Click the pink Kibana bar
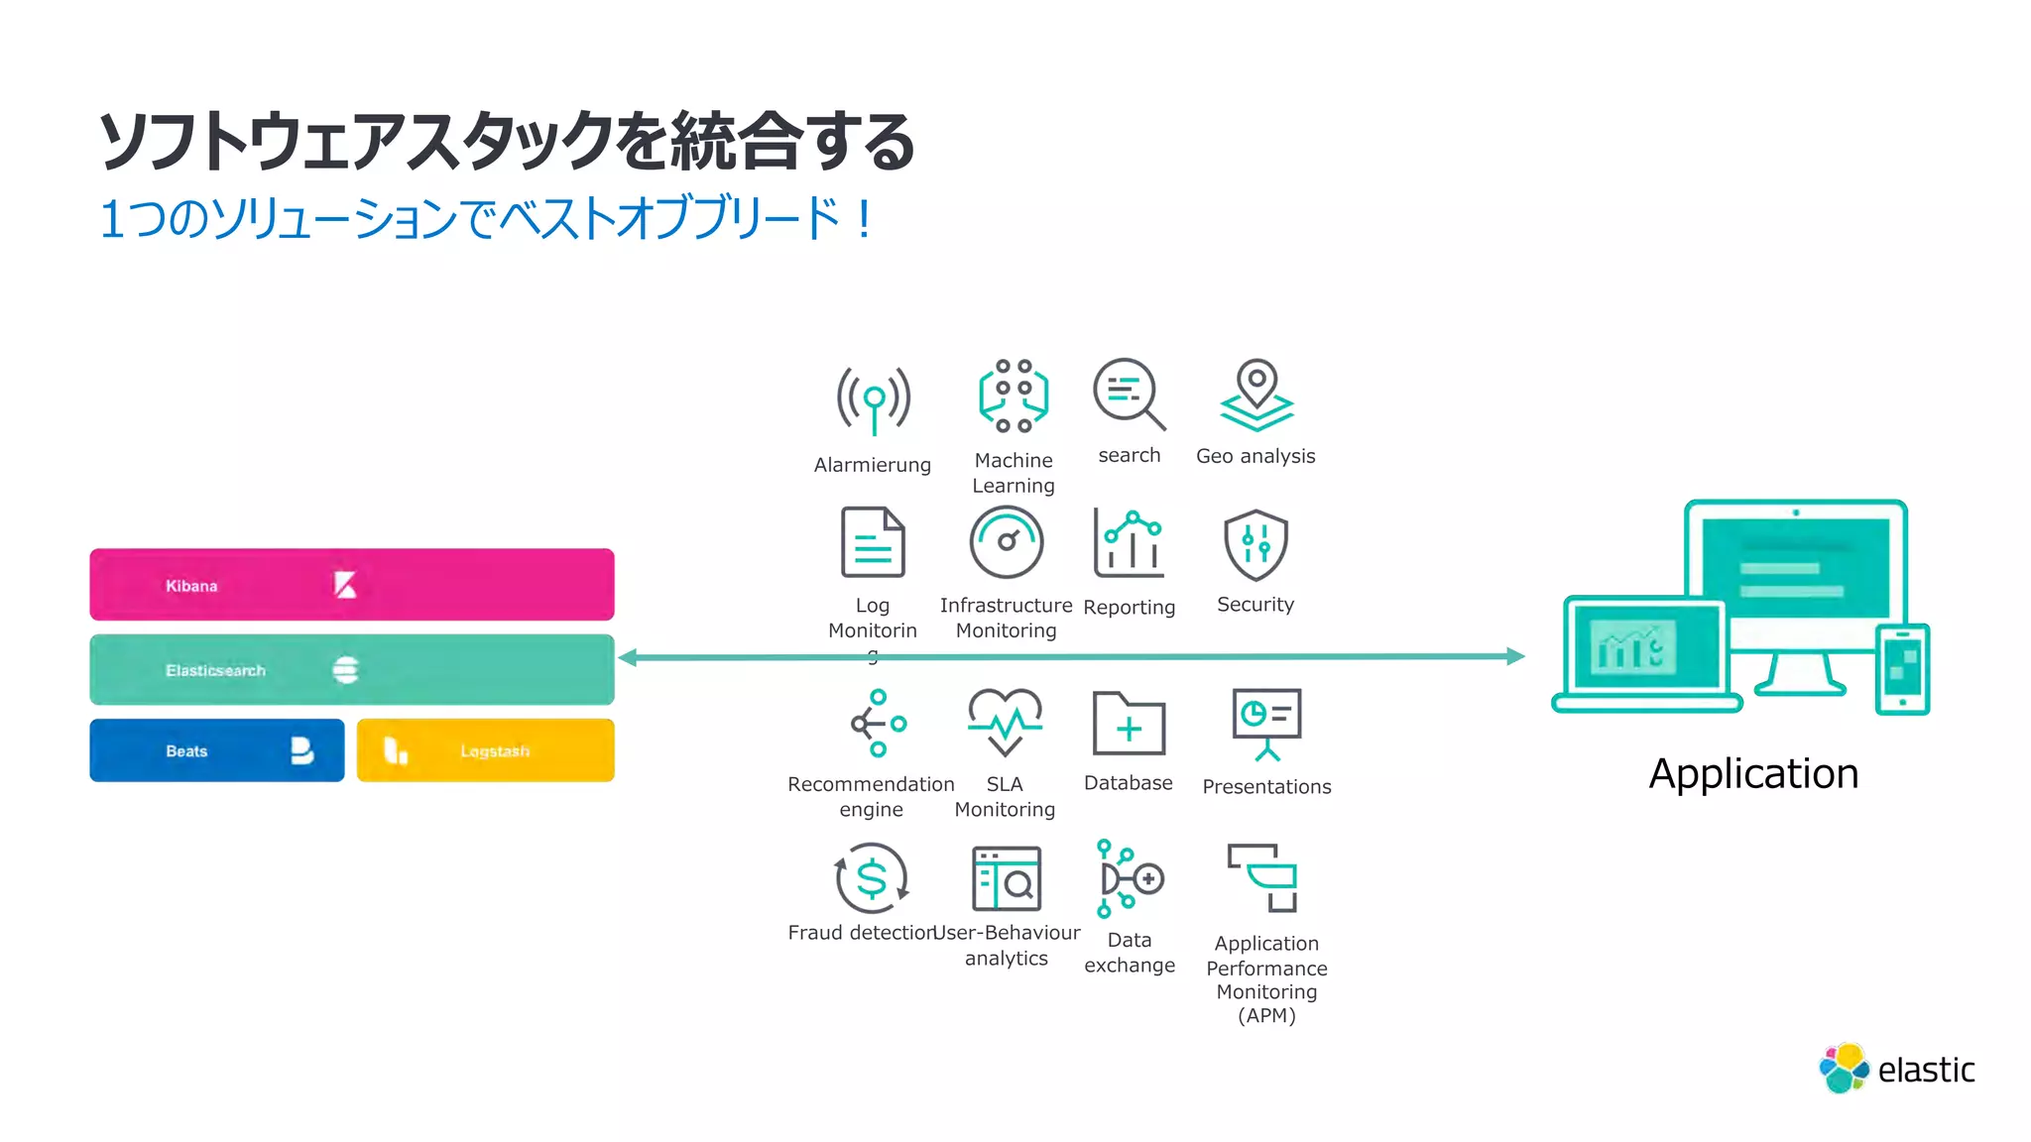[351, 585]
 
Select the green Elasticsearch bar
[351, 670]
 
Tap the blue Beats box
[216, 750]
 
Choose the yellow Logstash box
[485, 750]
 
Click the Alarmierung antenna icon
[873, 400]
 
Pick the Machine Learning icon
[1013, 396]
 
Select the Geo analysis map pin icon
[1255, 396]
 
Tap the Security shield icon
[1255, 544]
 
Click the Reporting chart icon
[1129, 543]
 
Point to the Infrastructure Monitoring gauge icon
[1006, 542]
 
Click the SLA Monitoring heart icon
[1005, 722]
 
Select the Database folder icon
[1129, 724]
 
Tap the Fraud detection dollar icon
[872, 878]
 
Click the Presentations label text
[1266, 786]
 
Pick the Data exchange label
[1130, 952]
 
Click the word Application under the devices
[1753, 773]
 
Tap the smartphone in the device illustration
[1902, 669]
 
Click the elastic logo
[1896, 1069]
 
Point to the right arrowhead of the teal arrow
[1515, 656]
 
